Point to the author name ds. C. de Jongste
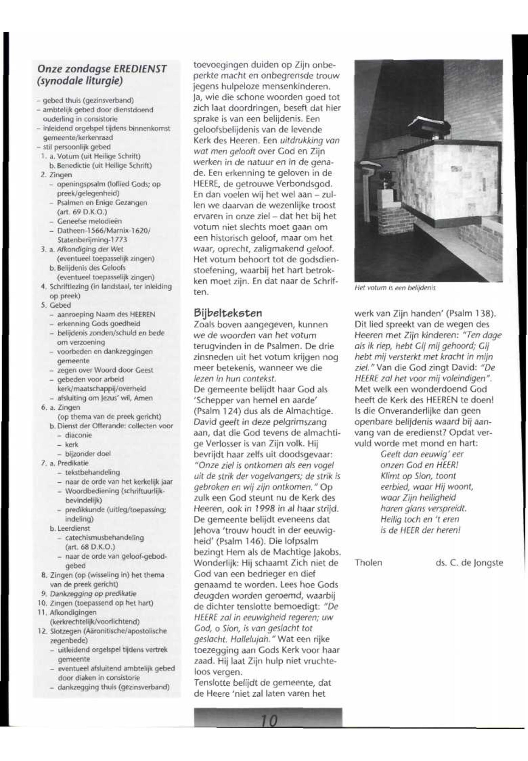(469, 562)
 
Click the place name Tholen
(368, 562)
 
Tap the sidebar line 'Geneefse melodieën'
(89, 221)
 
